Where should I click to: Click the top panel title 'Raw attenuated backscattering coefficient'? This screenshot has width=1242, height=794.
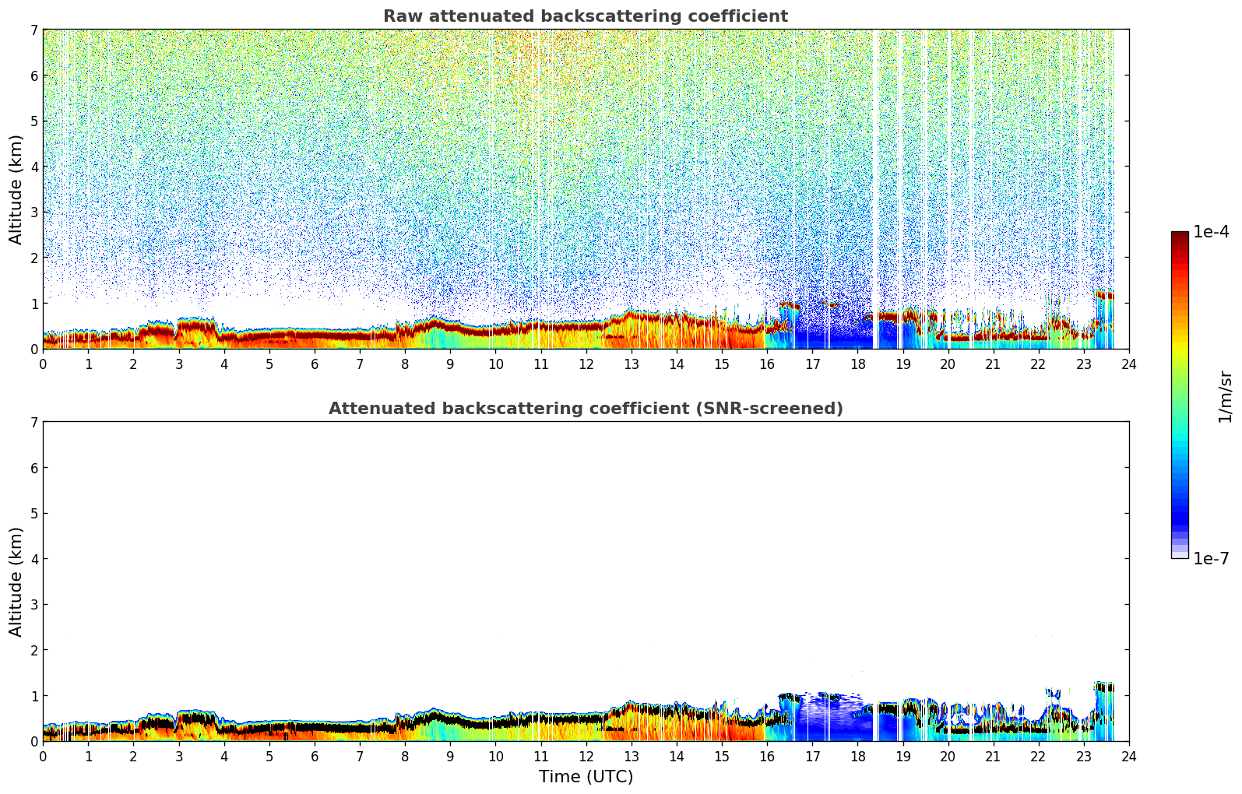pyautogui.click(x=586, y=16)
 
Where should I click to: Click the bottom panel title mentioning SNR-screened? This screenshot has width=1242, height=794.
pyautogui.click(x=586, y=409)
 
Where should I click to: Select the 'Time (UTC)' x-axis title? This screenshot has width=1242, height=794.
pyautogui.click(x=586, y=777)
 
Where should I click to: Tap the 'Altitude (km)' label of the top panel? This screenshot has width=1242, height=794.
pyautogui.click(x=16, y=189)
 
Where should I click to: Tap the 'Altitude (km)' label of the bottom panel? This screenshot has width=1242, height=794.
pyautogui.click(x=16, y=581)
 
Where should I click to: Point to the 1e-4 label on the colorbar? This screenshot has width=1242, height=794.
pyautogui.click(x=1211, y=232)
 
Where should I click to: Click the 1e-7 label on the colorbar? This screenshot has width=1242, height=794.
pyautogui.click(x=1211, y=558)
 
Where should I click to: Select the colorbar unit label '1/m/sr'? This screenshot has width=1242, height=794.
pyautogui.click(x=1225, y=396)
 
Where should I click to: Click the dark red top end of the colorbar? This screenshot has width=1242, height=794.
pyautogui.click(x=1180, y=236)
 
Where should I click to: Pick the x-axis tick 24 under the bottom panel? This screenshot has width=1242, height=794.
pyautogui.click(x=1128, y=757)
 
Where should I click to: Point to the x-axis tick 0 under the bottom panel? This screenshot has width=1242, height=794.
pyautogui.click(x=43, y=757)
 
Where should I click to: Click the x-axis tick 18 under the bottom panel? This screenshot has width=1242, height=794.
pyautogui.click(x=857, y=757)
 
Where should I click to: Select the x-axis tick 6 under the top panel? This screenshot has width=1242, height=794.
pyautogui.click(x=315, y=364)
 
